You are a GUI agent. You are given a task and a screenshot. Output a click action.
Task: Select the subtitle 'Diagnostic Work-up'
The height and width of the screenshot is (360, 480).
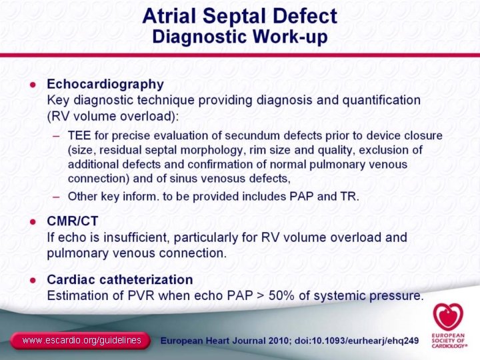[239, 37]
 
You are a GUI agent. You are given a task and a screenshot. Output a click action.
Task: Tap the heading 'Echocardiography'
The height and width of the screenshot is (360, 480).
[105, 85]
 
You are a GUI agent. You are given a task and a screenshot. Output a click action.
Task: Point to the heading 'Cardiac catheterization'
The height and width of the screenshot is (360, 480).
[119, 280]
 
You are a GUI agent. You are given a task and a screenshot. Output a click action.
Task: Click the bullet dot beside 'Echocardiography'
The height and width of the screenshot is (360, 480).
[32, 85]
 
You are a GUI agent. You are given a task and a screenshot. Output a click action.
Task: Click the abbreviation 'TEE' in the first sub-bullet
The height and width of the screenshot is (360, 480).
[79, 136]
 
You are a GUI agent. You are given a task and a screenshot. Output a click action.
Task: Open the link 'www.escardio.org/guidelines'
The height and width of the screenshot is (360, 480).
[81, 341]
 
